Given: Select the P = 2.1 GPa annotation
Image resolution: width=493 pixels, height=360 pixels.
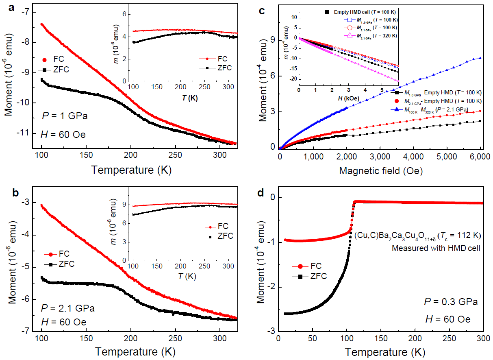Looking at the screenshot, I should point(68,308).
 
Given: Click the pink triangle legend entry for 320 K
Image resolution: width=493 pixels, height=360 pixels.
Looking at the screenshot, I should point(369,35).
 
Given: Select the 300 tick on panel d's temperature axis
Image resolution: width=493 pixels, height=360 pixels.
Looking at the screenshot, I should point(483,339).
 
